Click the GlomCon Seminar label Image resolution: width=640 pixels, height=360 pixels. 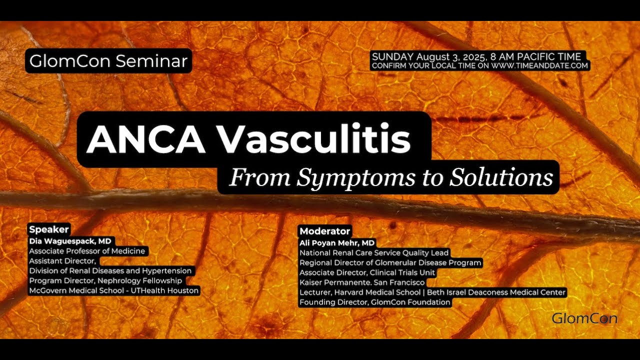(108, 61)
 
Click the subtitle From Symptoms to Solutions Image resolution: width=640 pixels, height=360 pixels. (390, 177)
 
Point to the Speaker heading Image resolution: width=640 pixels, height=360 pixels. (48, 229)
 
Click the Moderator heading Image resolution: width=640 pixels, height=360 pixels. (324, 231)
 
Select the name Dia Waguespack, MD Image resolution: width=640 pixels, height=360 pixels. (70, 241)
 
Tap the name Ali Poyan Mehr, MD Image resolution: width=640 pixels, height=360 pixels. (337, 243)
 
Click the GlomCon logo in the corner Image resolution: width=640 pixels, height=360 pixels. (584, 318)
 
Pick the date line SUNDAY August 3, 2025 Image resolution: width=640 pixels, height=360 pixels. (475, 57)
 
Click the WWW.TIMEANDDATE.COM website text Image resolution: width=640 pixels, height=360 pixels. (539, 66)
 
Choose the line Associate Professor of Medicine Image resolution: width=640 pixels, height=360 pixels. (87, 251)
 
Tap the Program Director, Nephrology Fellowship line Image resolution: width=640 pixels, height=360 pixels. (105, 280)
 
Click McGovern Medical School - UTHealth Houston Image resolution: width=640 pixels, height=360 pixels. (114, 290)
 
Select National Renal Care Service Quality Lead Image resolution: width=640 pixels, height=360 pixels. (374, 253)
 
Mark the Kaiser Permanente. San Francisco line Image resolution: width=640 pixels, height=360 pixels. (362, 282)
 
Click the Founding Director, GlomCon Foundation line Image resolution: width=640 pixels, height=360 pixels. (375, 302)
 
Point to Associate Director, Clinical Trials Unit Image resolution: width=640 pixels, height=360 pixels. (367, 272)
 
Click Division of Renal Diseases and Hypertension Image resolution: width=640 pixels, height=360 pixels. (110, 270)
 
